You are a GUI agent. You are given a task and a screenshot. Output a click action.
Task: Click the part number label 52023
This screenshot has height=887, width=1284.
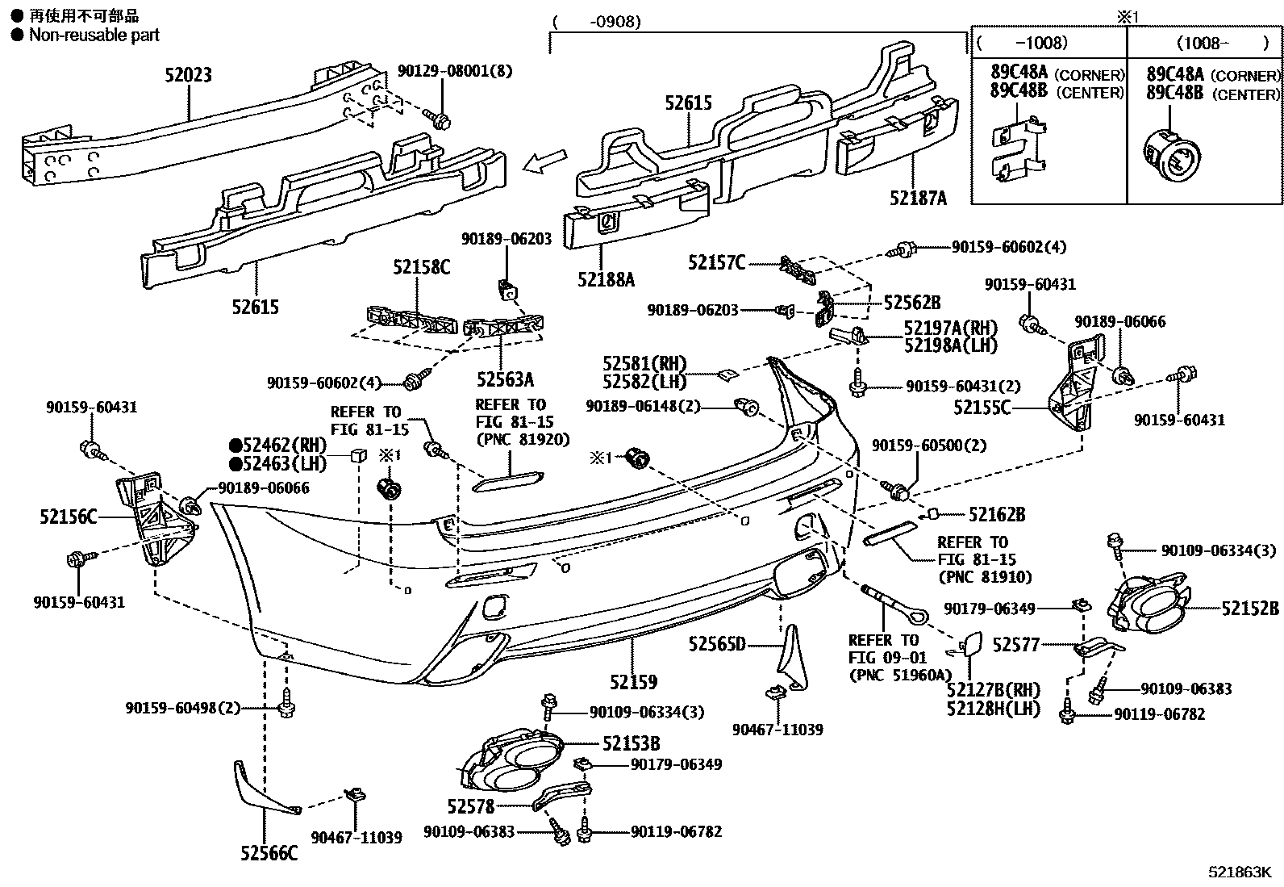point(188,75)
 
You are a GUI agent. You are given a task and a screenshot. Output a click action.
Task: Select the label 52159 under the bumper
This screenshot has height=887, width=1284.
point(633,683)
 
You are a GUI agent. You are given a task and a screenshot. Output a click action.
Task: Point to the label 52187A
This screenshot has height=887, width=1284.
point(918,198)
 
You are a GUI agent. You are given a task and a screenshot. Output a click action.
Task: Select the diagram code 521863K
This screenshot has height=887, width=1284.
point(1239,872)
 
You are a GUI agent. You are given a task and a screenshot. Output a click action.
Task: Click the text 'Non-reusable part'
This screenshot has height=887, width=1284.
point(94,35)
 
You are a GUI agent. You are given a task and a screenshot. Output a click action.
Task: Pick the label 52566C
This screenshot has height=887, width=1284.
point(268,853)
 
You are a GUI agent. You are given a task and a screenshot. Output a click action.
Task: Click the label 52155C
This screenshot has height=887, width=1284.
point(982,408)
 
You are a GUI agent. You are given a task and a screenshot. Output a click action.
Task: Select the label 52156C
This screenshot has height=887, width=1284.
point(68,517)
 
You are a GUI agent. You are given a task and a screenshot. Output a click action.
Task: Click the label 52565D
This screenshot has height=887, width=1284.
point(717,644)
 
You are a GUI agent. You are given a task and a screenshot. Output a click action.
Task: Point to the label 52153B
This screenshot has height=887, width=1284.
point(632,744)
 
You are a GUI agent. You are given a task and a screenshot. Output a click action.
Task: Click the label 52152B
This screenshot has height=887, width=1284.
point(1249,609)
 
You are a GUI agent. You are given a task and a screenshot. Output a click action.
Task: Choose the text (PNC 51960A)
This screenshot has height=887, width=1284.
point(899,676)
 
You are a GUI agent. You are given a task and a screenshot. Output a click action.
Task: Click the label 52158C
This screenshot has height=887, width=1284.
point(421,267)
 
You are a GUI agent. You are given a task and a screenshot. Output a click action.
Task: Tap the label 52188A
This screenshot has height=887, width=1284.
point(606,280)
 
